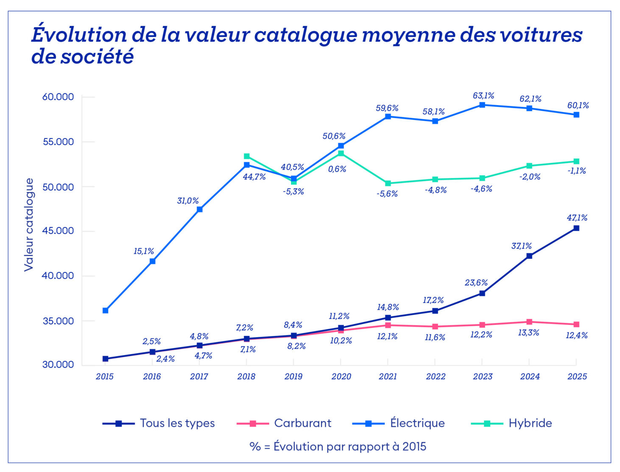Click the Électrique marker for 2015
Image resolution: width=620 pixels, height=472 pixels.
[105, 311]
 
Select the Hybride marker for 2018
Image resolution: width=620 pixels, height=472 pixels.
[246, 156]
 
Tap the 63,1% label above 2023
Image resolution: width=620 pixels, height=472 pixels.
[483, 96]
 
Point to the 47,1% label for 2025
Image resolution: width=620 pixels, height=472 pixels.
[577, 218]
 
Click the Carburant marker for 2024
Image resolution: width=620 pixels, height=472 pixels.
[529, 322]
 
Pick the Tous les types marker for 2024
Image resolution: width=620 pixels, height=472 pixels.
[529, 256]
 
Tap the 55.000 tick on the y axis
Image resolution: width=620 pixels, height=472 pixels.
[58, 142]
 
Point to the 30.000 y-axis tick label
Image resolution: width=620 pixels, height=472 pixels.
[58, 365]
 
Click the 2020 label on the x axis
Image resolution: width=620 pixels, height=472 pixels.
[341, 377]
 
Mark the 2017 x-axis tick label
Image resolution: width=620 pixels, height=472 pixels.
[199, 377]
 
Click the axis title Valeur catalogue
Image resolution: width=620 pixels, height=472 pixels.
[29, 225]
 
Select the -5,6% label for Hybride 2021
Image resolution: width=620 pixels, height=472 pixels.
[388, 194]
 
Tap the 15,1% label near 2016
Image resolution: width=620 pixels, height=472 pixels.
[144, 251]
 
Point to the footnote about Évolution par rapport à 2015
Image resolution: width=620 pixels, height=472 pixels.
[338, 446]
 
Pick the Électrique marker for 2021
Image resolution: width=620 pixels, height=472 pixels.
[388, 117]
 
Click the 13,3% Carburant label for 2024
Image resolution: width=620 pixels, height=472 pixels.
[528, 333]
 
